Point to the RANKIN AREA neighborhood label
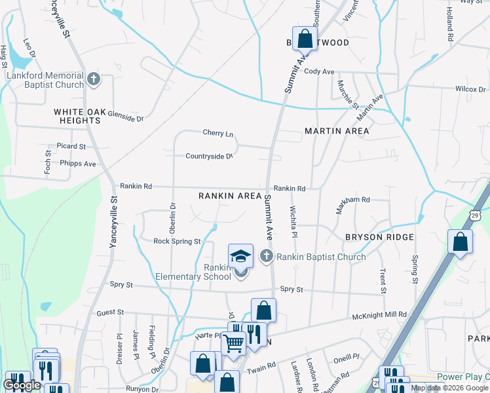[x=230, y=196]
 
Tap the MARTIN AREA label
[x=337, y=131]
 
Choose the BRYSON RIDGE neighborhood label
[x=380, y=237]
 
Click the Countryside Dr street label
[x=209, y=157]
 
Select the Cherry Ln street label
[x=218, y=134]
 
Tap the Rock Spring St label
[x=177, y=241]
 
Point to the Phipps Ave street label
[x=78, y=164]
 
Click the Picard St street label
[x=71, y=146]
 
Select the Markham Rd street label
[x=353, y=200]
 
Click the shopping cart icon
[x=233, y=342]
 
